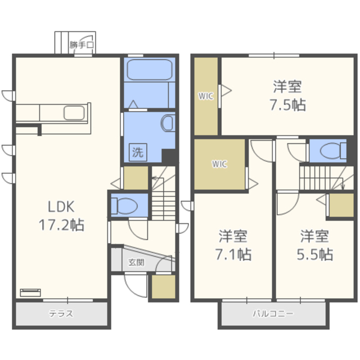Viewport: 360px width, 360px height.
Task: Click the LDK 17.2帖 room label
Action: tap(61, 215)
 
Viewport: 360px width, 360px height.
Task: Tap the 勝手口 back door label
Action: tap(82, 45)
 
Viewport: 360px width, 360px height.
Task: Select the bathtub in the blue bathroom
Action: tap(150, 70)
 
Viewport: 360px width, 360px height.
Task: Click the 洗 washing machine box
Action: tap(138, 152)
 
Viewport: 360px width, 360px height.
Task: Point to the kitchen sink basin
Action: tap(74, 112)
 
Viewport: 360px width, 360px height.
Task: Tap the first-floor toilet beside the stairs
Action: tap(124, 205)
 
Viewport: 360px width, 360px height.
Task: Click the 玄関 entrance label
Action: tap(136, 262)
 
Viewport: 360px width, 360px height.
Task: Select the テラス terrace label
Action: tap(61, 313)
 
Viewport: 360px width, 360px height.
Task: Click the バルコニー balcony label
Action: tap(273, 313)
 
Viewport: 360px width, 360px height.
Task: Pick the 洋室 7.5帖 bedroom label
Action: tap(287, 95)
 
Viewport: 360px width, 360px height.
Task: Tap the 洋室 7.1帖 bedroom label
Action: tap(233, 245)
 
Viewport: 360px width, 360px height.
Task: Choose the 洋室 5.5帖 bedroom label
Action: tap(315, 245)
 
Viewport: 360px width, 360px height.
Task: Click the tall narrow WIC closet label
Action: tap(206, 96)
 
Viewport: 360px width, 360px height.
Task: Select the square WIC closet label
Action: tap(219, 164)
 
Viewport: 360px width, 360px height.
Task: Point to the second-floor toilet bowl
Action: tap(332, 151)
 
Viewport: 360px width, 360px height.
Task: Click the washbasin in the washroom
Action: tap(168, 123)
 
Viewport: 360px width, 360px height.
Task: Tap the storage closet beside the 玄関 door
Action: tap(164, 287)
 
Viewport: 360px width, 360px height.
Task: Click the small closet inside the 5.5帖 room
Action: tap(341, 205)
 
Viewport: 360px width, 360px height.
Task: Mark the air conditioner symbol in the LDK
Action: tap(30, 292)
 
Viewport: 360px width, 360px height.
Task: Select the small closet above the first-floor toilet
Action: tap(136, 178)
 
